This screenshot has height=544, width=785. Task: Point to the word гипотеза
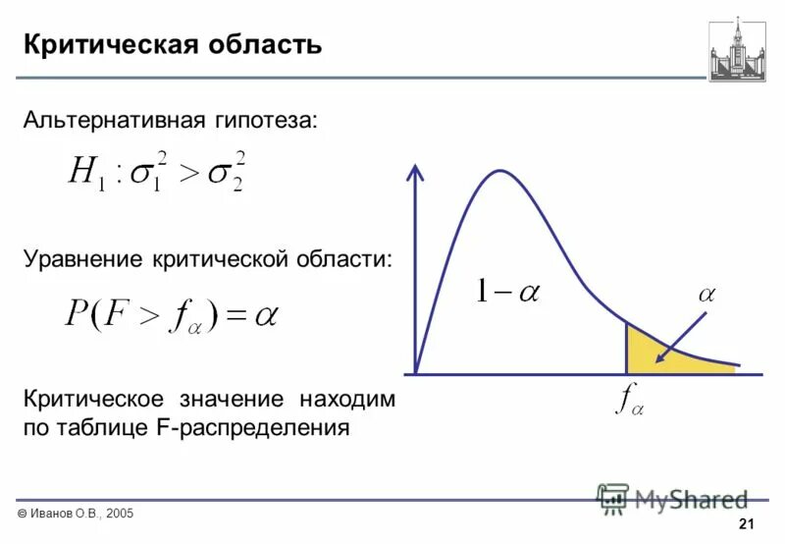[265, 121]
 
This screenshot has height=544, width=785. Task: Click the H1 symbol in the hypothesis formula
[85, 173]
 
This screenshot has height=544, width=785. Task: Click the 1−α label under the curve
[508, 291]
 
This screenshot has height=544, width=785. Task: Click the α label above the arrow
[708, 294]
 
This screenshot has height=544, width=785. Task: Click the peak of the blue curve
[500, 172]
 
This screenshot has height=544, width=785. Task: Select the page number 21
[745, 523]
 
